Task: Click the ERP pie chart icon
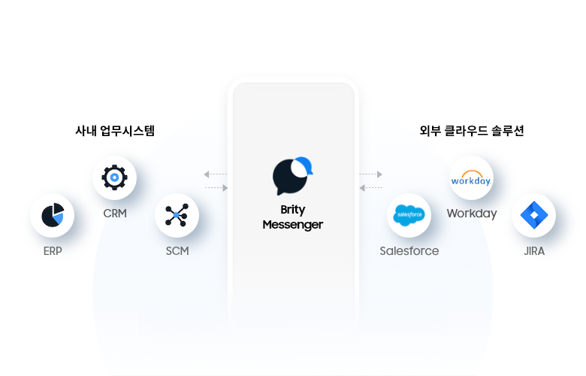click(x=53, y=215)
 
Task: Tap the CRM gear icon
click(x=114, y=178)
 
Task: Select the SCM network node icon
click(x=177, y=215)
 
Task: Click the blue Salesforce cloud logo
click(x=409, y=215)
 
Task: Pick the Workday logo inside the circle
click(x=471, y=179)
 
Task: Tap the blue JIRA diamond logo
click(x=533, y=215)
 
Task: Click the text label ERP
click(x=53, y=251)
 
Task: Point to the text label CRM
click(x=115, y=213)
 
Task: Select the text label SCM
click(x=177, y=251)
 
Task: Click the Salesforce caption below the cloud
click(x=409, y=251)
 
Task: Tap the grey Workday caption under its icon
click(x=472, y=214)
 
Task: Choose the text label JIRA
click(x=534, y=251)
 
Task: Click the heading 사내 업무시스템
click(x=115, y=131)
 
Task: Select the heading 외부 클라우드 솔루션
click(x=472, y=131)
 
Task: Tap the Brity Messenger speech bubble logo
click(x=292, y=176)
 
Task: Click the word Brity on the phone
click(x=293, y=211)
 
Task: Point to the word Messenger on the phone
click(x=293, y=225)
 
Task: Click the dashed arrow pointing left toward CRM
click(x=215, y=174)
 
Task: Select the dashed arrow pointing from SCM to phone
click(x=216, y=187)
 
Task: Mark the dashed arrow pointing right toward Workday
click(x=371, y=174)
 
